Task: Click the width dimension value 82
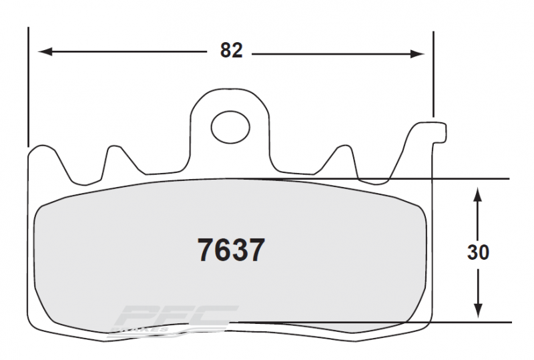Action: coord(231,51)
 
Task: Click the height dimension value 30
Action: coord(478,252)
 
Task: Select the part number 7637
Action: coord(231,251)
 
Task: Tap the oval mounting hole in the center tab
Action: coord(229,124)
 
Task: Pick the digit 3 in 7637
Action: coord(240,251)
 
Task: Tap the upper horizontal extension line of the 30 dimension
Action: coord(467,179)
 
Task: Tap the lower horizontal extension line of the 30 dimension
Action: coord(467,323)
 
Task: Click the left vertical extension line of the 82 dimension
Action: coord(28,87)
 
